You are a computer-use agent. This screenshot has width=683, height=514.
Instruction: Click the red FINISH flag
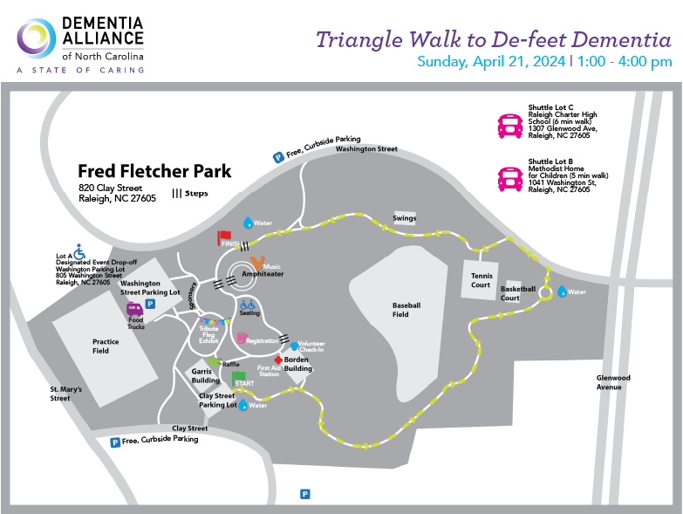pyautogui.click(x=224, y=236)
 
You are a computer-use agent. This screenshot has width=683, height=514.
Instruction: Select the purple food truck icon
pyautogui.click(x=135, y=308)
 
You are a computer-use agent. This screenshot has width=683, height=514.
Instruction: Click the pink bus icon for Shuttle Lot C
pyautogui.click(x=509, y=126)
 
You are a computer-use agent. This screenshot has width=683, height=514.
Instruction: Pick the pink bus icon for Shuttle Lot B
pyautogui.click(x=509, y=179)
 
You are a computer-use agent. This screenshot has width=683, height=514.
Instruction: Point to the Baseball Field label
pyautogui.click(x=406, y=310)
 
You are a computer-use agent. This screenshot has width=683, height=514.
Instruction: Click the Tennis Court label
pyautogui.click(x=481, y=280)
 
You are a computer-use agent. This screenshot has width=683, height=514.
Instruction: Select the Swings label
pyautogui.click(x=404, y=218)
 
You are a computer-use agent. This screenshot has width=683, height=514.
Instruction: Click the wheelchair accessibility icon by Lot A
pyautogui.click(x=79, y=251)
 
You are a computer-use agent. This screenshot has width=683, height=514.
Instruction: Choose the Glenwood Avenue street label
pyautogui.click(x=612, y=382)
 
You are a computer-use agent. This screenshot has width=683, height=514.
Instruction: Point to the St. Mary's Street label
pyautogui.click(x=65, y=394)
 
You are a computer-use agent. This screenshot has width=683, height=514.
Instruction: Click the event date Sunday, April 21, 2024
pyautogui.click(x=491, y=62)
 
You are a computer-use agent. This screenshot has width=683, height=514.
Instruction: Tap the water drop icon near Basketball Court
pyautogui.click(x=562, y=291)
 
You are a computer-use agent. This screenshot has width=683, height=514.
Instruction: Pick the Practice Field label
pyautogui.click(x=105, y=346)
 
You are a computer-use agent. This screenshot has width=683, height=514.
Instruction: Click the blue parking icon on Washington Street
pyautogui.click(x=278, y=157)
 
